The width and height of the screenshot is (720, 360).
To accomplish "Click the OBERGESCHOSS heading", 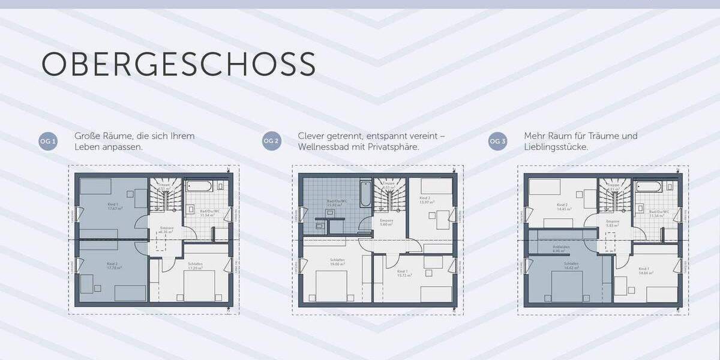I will (x=178, y=64).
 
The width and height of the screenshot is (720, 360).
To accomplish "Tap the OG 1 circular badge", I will (x=48, y=142).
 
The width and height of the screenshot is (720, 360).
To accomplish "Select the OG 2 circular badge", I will (x=271, y=142).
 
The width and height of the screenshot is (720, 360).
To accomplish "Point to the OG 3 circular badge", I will (x=497, y=142).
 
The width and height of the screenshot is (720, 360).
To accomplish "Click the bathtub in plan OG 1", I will (x=199, y=186).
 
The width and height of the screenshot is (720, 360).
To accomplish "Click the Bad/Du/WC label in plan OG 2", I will (x=334, y=203).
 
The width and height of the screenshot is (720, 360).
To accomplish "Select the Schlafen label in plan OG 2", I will (x=337, y=262).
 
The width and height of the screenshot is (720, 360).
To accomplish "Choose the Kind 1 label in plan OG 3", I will (x=644, y=270).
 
